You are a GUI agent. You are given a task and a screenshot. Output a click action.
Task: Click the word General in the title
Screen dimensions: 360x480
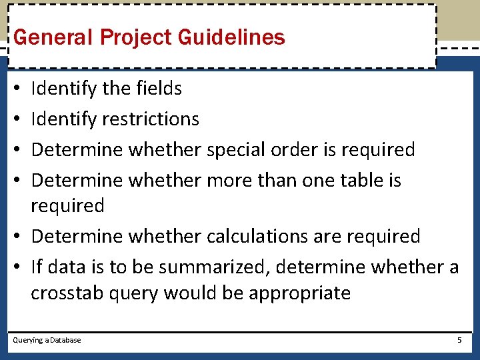point(53,37)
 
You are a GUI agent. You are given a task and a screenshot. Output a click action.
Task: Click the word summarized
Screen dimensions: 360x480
point(214,267)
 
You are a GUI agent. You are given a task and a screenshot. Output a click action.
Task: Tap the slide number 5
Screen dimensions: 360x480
point(459,340)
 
